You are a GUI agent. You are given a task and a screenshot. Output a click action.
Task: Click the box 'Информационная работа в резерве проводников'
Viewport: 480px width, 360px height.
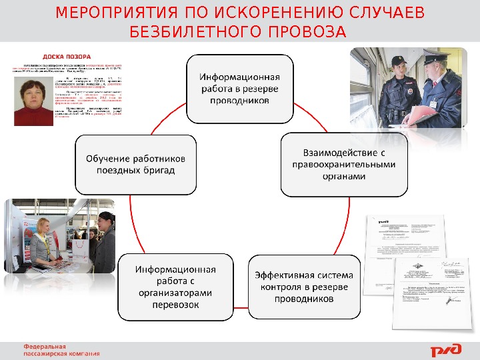(240, 89)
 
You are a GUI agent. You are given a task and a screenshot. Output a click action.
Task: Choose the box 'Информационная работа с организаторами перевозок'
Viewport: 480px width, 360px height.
(175, 287)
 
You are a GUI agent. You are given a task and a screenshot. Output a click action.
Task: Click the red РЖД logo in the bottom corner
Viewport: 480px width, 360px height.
(443, 351)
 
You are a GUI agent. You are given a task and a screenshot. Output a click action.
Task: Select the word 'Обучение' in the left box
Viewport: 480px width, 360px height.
(107, 159)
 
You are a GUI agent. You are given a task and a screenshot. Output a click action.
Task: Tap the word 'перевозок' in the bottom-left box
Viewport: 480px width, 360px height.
(175, 305)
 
